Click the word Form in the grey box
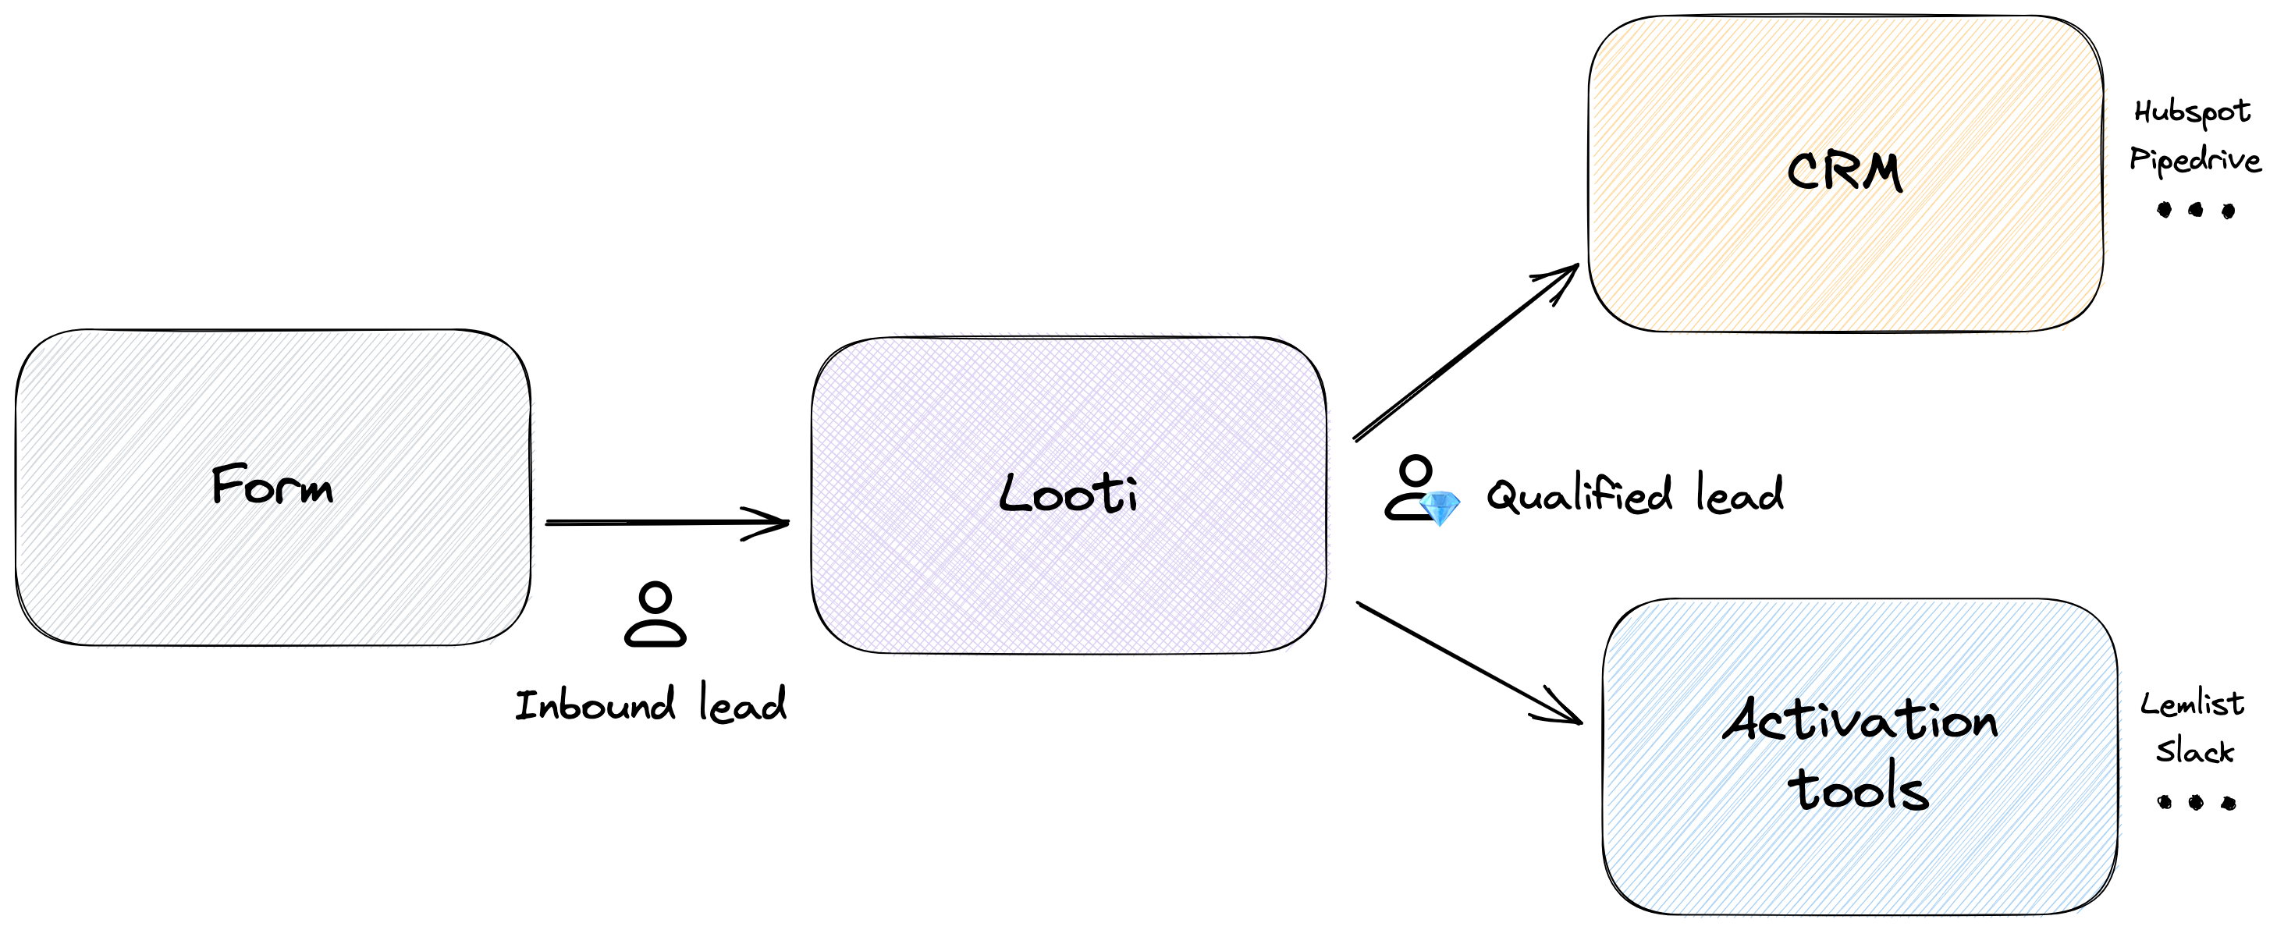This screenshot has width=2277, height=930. click(x=273, y=485)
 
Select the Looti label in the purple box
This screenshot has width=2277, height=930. click(x=1070, y=496)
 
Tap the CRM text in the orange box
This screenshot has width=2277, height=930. click(x=1844, y=172)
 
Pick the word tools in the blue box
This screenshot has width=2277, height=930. click(x=1863, y=791)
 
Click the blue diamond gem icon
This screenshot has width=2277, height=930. click(x=1439, y=509)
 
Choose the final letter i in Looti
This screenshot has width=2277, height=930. click(x=1126, y=496)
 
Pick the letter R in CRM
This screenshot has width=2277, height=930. click(x=1842, y=172)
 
